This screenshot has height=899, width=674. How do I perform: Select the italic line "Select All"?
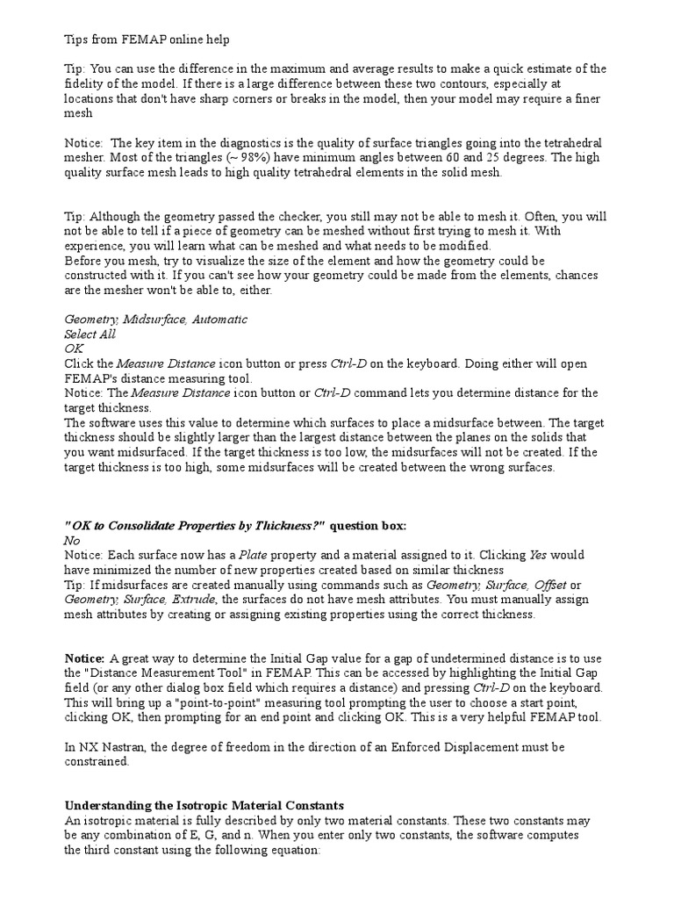(x=90, y=334)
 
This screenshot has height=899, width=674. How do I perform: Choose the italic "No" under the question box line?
(x=72, y=541)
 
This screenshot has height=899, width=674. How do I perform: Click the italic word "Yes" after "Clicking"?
(x=539, y=556)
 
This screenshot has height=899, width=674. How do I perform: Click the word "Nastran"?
(x=120, y=747)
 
